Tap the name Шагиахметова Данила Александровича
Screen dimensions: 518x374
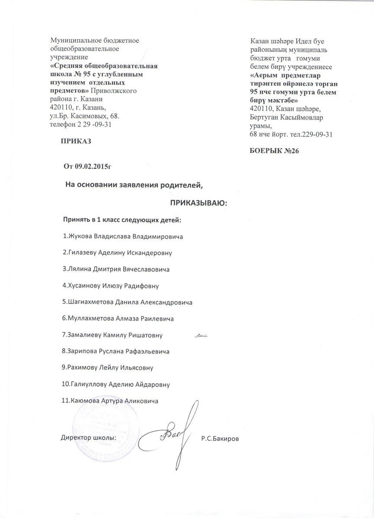[128, 302]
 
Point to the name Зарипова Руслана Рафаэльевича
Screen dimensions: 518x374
[116, 351]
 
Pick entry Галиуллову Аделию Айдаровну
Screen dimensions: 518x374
[116, 384]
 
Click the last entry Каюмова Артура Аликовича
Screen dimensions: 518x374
[111, 401]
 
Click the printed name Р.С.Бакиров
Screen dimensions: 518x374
[220, 439]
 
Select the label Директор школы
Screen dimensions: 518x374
[88, 437]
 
